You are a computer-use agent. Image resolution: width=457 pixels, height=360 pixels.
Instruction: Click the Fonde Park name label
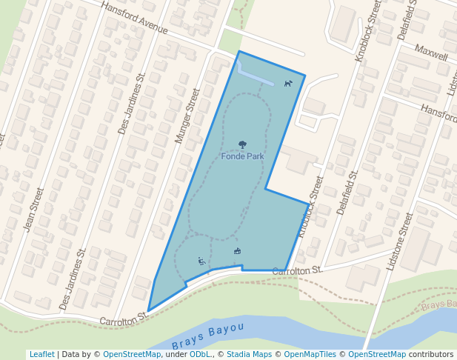pos(242,157)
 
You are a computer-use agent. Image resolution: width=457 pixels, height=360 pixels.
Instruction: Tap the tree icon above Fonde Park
pos(242,145)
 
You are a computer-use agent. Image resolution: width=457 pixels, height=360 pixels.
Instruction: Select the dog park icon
pos(288,84)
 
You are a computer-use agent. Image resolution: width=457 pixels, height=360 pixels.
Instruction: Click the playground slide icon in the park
pos(201,261)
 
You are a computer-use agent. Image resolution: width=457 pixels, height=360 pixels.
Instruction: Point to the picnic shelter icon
pos(237,251)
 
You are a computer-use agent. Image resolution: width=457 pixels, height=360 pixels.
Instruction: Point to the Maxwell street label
pos(431,55)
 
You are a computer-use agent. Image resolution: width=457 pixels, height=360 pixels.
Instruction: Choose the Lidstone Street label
pos(400,241)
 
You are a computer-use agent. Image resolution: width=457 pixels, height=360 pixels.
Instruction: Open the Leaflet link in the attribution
pos(41,354)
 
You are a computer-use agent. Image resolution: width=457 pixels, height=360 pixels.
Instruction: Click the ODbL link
pos(200,354)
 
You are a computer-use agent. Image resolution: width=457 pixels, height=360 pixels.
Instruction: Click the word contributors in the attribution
pos(431,354)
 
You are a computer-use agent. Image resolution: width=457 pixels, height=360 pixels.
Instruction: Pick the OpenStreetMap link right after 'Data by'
pos(132,354)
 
